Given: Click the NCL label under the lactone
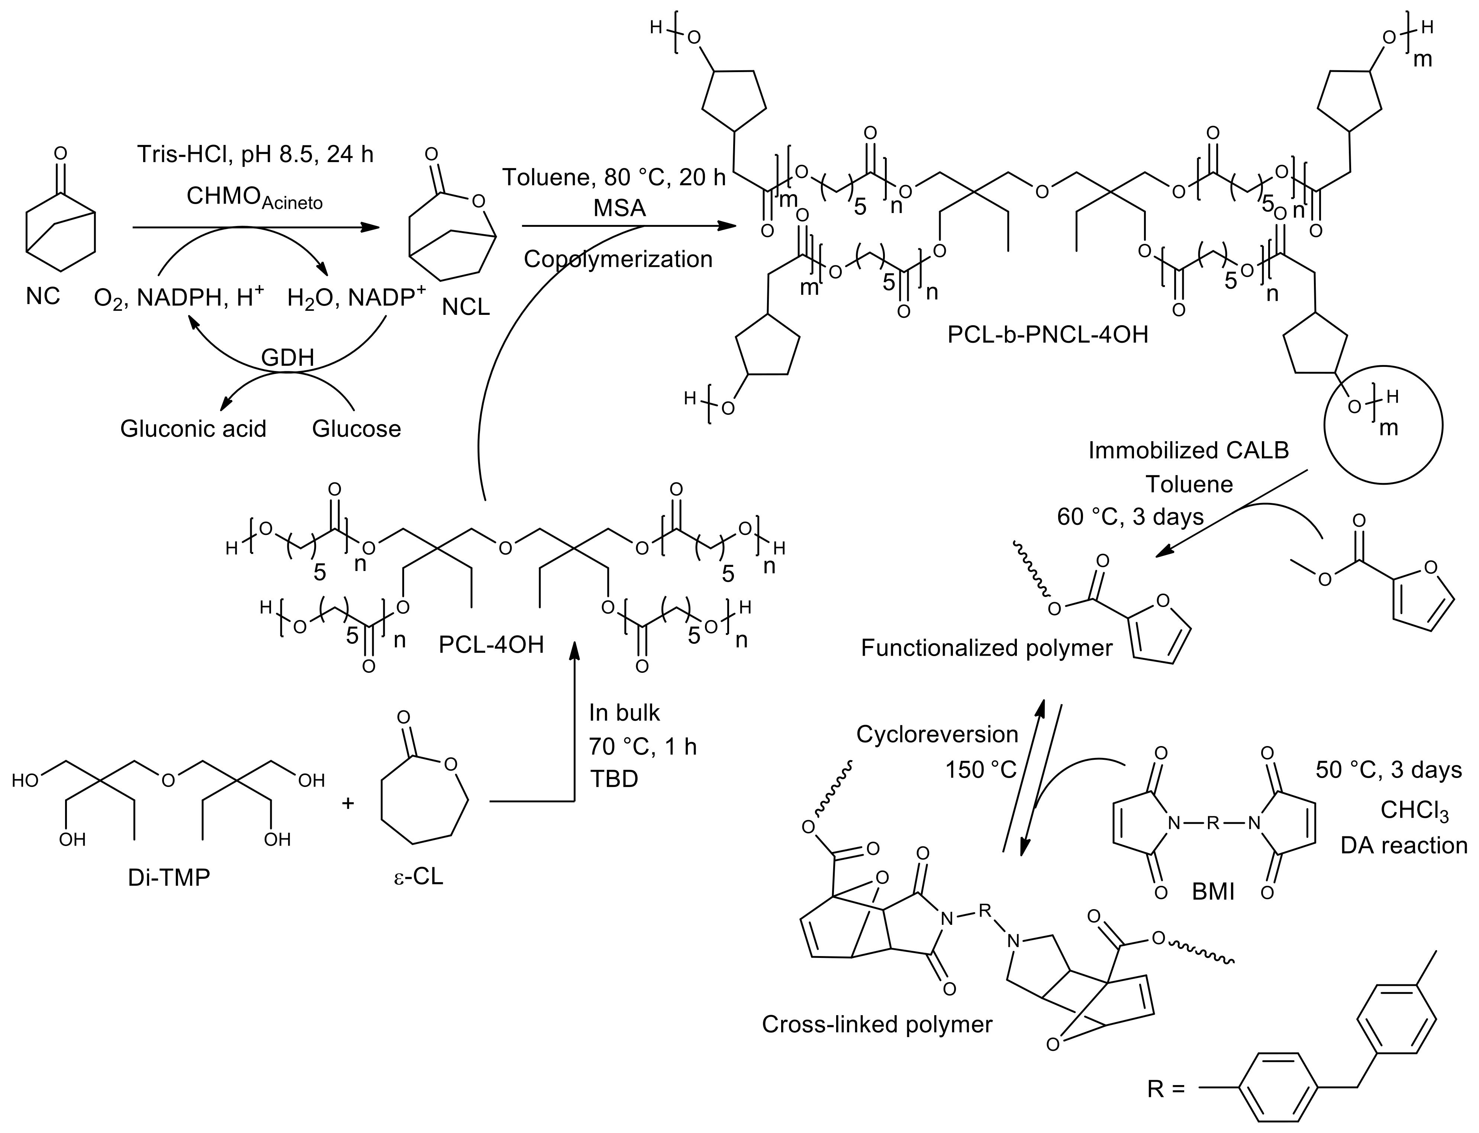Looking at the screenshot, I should [465, 307].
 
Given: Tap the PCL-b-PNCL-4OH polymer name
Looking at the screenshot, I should [1047, 335].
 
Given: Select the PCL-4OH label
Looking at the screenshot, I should [491, 645].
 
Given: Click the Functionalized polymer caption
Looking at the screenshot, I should [986, 648].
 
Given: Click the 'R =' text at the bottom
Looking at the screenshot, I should [1166, 1107].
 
